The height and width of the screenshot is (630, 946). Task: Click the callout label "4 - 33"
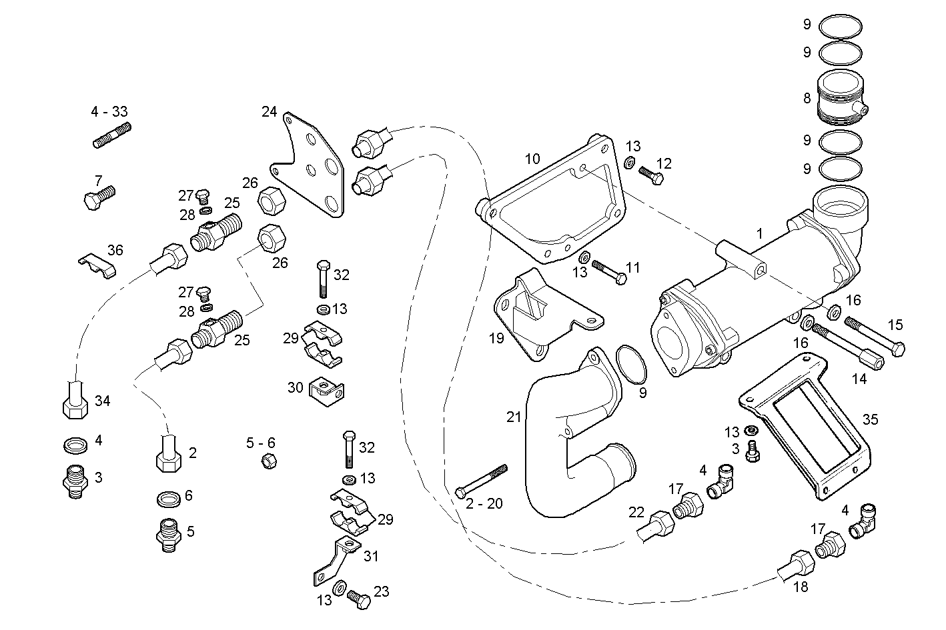point(109,111)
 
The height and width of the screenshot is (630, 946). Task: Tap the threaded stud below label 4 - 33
point(111,135)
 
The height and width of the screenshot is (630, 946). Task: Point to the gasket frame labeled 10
point(554,200)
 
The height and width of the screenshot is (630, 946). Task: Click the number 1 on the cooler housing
point(759,233)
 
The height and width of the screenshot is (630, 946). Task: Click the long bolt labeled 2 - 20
point(481,480)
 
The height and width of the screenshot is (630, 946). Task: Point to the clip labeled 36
point(97,265)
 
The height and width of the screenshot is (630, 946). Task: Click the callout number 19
point(496,338)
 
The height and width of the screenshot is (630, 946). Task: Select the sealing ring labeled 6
point(167,498)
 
